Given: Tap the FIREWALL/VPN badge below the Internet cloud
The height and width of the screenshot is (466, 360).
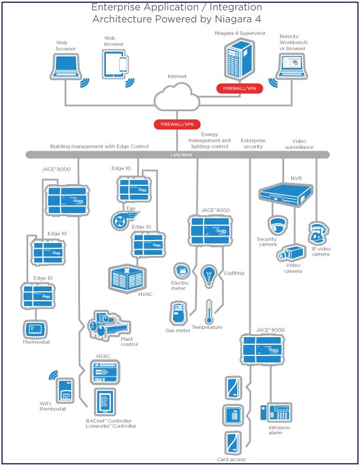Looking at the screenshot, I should (x=177, y=125).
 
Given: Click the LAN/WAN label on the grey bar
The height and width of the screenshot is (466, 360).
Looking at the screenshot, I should (x=177, y=155).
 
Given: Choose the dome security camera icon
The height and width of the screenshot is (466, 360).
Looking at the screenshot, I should (x=276, y=225).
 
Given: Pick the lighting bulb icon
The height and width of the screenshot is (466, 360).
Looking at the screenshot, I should (x=210, y=275).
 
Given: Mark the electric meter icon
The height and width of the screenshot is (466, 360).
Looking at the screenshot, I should (x=180, y=271).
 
